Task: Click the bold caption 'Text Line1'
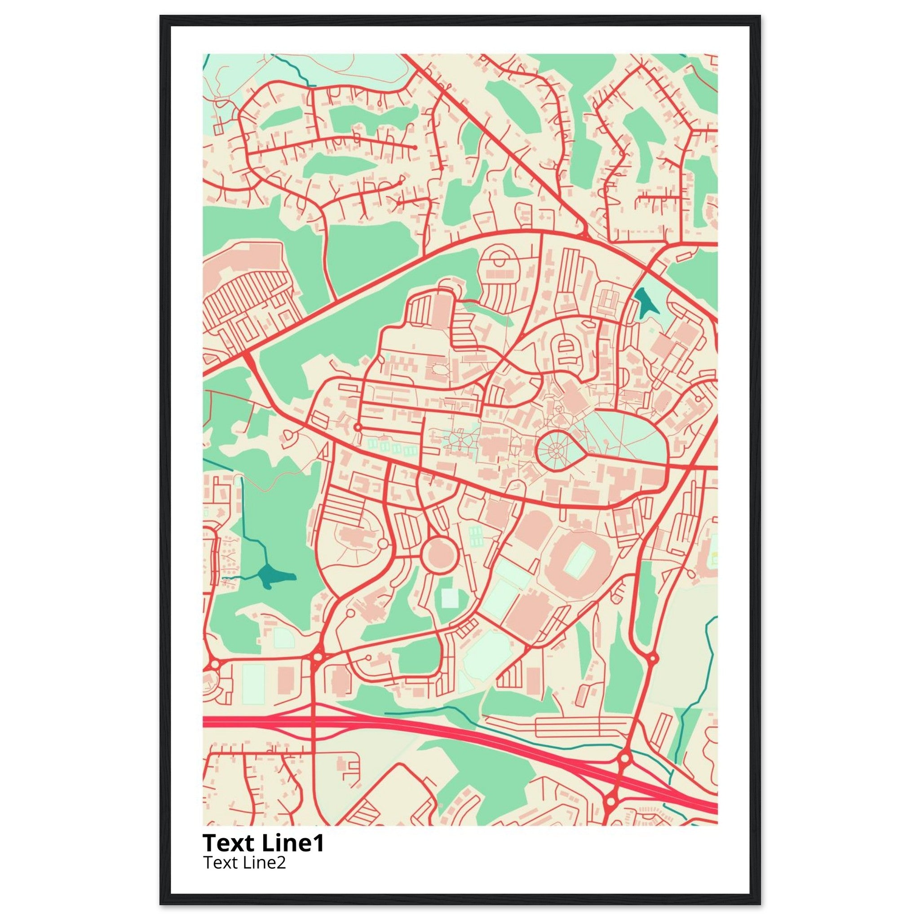[263, 843]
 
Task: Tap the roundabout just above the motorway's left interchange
[317, 657]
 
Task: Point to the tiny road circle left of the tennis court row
[358, 427]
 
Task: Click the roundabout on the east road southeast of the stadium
[652, 659]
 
